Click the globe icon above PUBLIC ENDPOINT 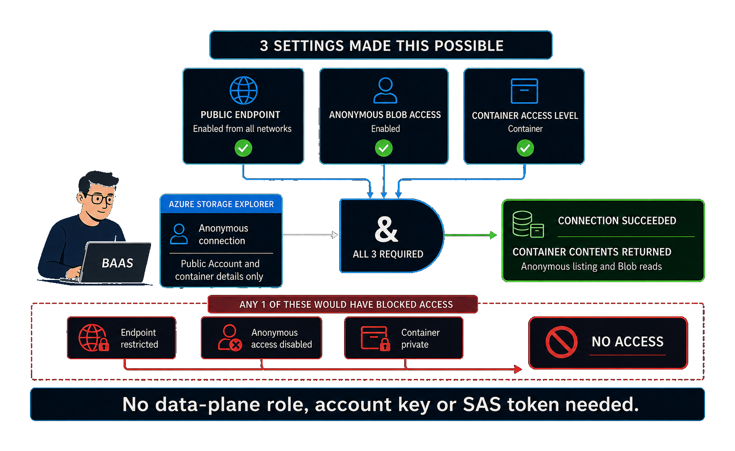(x=243, y=90)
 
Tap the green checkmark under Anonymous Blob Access (x=384, y=148)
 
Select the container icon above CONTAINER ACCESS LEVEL (x=524, y=91)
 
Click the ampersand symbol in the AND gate (x=387, y=229)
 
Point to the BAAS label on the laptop (x=117, y=263)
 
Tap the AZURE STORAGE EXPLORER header (x=221, y=204)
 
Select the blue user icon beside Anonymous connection (x=179, y=234)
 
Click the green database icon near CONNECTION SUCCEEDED (x=528, y=224)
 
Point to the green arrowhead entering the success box (x=493, y=235)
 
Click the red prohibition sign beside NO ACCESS (x=561, y=342)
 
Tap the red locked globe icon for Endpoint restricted (x=94, y=338)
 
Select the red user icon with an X (x=230, y=338)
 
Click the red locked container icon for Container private (x=375, y=338)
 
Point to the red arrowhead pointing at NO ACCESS (x=518, y=369)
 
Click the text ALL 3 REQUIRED (x=388, y=254)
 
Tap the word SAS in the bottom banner (x=482, y=404)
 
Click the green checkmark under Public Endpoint (x=243, y=148)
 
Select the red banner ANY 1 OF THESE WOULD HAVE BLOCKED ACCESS (x=342, y=304)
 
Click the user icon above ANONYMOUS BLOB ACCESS (x=385, y=90)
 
